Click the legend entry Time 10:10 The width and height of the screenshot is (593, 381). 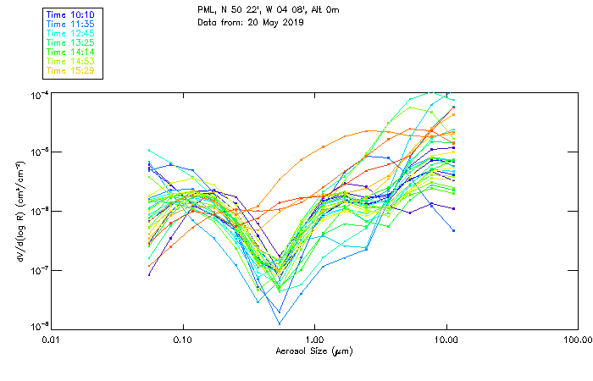[71, 14]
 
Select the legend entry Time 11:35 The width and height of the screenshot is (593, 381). [71, 24]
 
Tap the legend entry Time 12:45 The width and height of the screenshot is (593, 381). [71, 33]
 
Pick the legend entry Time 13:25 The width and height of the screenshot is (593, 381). [71, 42]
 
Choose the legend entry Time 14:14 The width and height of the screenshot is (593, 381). [71, 52]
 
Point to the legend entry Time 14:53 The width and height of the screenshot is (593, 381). [71, 61]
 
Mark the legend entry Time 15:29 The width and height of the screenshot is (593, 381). [71, 70]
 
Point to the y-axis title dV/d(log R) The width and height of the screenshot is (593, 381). [19, 210]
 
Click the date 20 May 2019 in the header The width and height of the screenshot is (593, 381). [274, 22]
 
